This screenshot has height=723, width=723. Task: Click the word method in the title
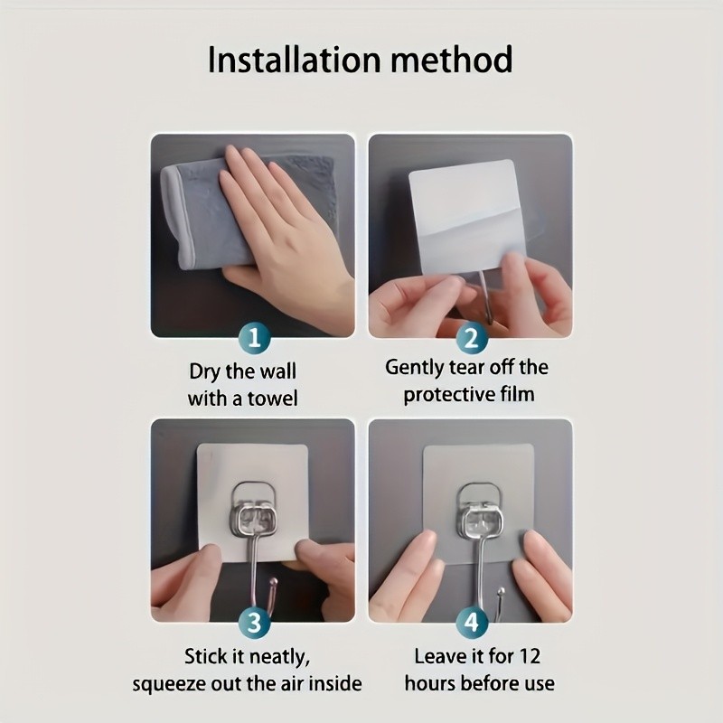click(452, 60)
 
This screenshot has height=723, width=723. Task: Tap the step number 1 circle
click(254, 338)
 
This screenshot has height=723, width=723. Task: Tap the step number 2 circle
click(471, 338)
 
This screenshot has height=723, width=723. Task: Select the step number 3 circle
click(254, 623)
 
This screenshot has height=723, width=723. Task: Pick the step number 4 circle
click(471, 623)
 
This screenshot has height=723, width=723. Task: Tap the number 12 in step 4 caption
click(529, 656)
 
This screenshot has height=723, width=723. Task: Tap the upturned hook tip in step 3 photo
click(273, 582)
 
